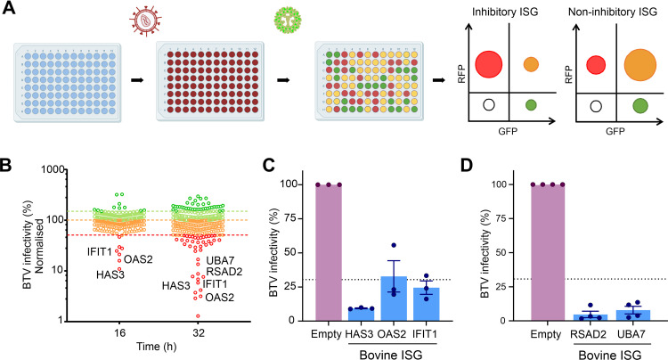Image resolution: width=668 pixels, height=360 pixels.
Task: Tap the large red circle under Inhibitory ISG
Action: coord(491,63)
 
